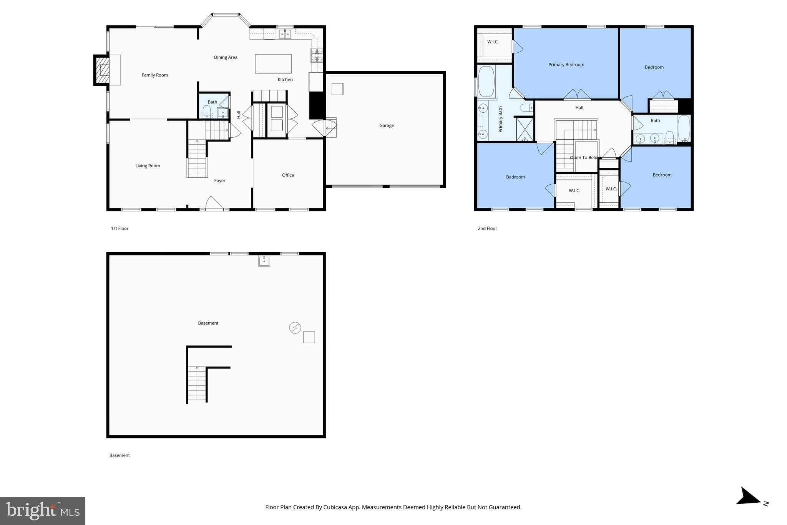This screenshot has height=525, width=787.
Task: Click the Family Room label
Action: [x=154, y=75]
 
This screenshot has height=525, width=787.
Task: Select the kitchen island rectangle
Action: [x=273, y=64]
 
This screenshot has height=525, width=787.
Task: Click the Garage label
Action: [x=386, y=125]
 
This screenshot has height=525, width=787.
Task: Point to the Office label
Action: [x=288, y=175]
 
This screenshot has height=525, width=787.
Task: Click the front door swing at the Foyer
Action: [x=214, y=203]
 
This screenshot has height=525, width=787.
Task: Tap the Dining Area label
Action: [x=226, y=57]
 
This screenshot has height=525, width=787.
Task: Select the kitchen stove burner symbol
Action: [x=317, y=55]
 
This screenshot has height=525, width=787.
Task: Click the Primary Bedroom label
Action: [x=566, y=65]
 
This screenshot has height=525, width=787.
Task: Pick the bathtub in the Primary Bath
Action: [x=486, y=82]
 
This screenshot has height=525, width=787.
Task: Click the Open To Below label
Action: [x=583, y=158]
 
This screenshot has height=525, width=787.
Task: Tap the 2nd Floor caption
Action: [x=487, y=228]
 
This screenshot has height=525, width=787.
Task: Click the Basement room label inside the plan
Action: [x=208, y=323]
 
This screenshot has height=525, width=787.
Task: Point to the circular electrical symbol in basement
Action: [x=295, y=328]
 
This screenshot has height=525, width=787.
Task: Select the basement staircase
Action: [x=197, y=383]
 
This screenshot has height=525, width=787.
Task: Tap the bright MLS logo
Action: [x=43, y=511]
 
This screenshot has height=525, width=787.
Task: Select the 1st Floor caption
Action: [x=120, y=228]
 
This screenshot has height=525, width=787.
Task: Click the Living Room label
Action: [x=148, y=166]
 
